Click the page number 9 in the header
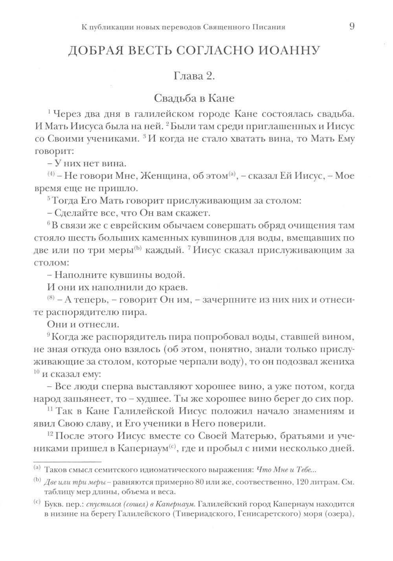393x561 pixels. coord(352,27)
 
